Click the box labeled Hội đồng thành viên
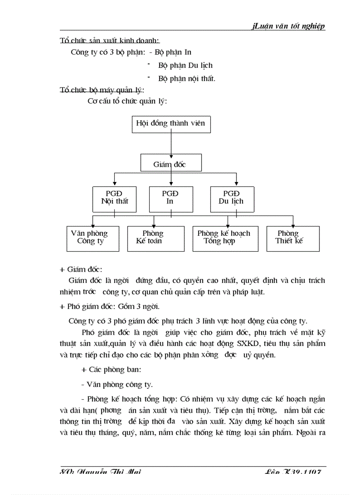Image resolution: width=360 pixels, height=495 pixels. [x=171, y=124]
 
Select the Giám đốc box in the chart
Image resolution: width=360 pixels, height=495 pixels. [x=171, y=163]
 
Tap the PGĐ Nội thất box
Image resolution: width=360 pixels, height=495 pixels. [x=114, y=198]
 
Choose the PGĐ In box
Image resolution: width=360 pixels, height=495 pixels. [x=170, y=198]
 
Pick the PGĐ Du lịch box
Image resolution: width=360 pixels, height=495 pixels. [x=232, y=198]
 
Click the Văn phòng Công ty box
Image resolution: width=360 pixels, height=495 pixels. [x=93, y=238]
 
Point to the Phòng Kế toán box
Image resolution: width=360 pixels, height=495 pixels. [x=155, y=238]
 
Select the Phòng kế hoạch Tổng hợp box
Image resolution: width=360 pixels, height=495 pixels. [x=225, y=238]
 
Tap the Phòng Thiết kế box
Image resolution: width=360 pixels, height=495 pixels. [x=292, y=238]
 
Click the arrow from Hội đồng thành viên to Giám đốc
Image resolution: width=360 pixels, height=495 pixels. [x=171, y=143]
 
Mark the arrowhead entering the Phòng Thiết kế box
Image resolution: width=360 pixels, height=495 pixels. [x=293, y=224]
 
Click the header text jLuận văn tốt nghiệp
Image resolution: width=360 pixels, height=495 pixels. [x=289, y=26]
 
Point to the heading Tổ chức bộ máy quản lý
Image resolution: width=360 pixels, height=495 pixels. [x=101, y=90]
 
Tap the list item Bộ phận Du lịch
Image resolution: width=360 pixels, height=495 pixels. [x=185, y=65]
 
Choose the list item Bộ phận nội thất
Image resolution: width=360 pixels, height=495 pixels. [x=187, y=78]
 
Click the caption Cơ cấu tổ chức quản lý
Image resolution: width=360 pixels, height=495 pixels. [x=127, y=101]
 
